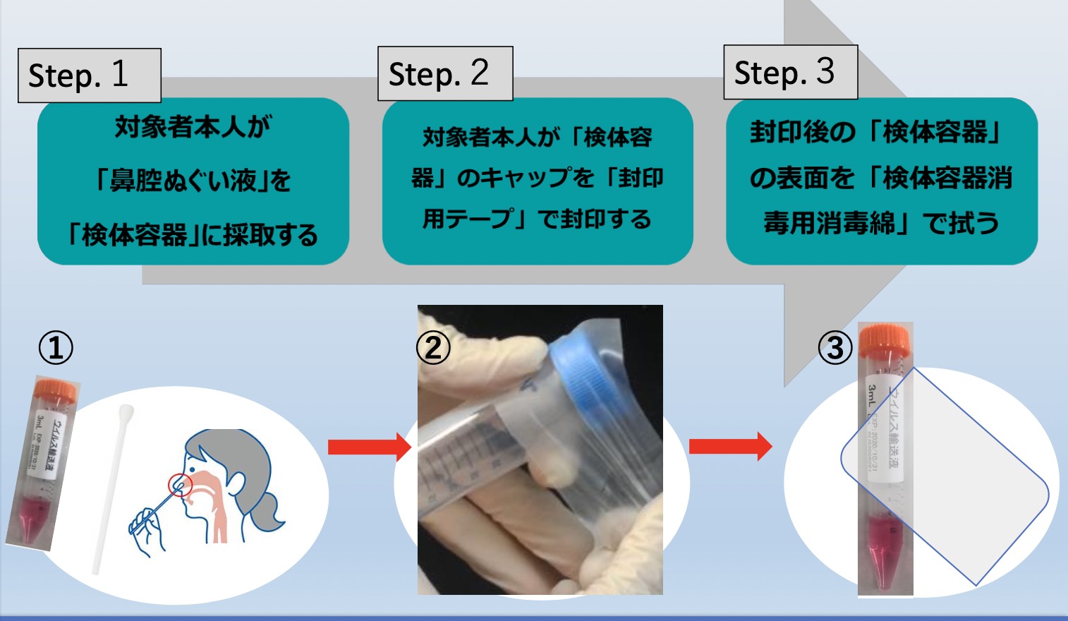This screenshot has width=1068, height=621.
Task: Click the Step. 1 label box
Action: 90,76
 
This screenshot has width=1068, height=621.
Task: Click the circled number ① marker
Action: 56,348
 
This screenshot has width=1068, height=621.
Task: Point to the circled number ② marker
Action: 433,347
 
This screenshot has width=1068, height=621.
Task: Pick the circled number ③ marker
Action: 835,348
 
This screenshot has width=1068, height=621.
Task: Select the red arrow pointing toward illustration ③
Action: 730,447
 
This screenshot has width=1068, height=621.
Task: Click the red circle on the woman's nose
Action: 180,486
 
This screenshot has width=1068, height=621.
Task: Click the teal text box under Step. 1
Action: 193,181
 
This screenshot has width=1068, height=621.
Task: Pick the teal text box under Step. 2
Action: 537,180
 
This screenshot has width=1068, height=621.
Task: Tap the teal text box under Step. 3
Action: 881,180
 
